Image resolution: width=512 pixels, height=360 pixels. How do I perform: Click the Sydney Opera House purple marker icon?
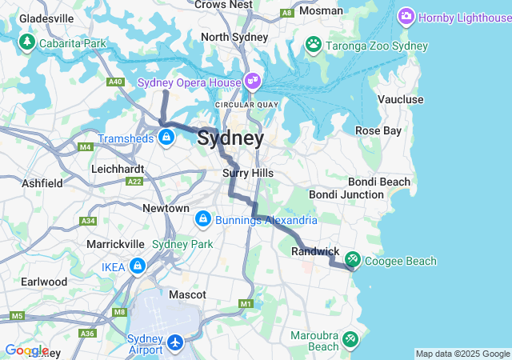tap(253, 81)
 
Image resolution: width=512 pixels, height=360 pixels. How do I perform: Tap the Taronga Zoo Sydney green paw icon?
tap(313, 46)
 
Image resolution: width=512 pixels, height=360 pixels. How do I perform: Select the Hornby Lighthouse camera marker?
tap(406, 16)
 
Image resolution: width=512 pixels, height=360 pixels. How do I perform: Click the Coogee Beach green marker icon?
tap(352, 260)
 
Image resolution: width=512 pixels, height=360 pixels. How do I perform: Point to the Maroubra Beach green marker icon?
tap(350, 340)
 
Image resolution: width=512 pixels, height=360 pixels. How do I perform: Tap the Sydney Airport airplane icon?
tap(175, 343)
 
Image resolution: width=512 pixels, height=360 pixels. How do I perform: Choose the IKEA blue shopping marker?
tap(138, 265)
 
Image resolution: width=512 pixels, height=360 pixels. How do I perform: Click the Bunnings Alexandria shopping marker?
tap(202, 218)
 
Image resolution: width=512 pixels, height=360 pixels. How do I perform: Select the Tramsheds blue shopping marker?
tap(166, 138)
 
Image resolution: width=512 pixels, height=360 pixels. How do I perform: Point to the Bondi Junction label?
tap(346, 194)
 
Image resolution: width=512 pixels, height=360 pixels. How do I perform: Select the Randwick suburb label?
tap(315, 251)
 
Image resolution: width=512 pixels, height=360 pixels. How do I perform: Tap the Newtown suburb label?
tap(166, 208)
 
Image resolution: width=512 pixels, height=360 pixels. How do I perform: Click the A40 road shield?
tap(116, 82)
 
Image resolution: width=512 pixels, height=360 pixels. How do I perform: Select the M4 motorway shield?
tap(86, 147)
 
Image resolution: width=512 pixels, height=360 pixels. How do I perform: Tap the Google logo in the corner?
tap(26, 350)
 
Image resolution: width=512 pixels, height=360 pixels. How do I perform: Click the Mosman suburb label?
tap(322, 11)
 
